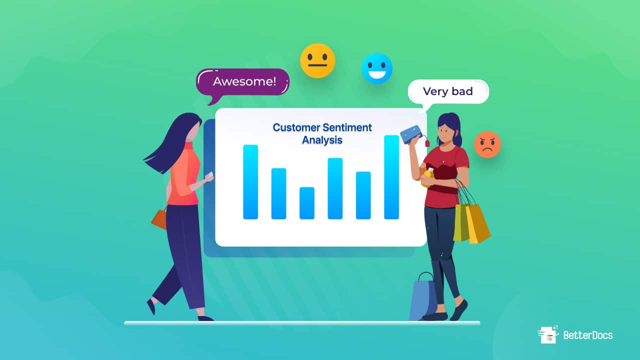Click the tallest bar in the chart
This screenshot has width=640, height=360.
click(391, 177)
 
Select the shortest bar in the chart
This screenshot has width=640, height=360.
click(307, 203)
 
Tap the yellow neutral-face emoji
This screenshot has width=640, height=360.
click(317, 60)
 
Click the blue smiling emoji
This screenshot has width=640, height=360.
click(377, 68)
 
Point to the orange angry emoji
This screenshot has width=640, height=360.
click(487, 144)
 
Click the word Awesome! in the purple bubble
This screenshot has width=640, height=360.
click(244, 81)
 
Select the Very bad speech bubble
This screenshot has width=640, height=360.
click(448, 91)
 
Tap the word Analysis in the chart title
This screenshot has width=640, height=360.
click(322, 140)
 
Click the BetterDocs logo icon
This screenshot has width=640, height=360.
click(548, 334)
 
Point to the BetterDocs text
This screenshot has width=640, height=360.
click(588, 335)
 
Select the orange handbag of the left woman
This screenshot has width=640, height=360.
click(159, 218)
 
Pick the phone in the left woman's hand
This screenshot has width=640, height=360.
click(209, 175)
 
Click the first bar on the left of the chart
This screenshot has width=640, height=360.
click(250, 182)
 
